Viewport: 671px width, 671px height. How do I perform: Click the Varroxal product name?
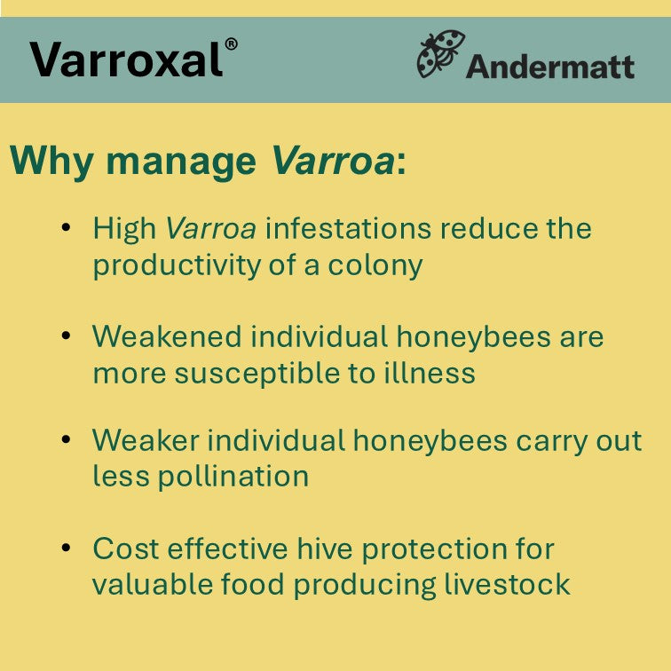[x=126, y=59]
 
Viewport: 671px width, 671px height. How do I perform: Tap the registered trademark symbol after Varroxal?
[x=231, y=44]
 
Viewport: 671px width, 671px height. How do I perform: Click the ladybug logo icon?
[x=440, y=55]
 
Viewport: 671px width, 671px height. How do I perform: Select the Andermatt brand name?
[x=550, y=67]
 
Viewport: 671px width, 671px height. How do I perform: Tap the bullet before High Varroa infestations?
[x=66, y=228]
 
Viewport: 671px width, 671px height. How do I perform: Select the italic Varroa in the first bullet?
[x=211, y=229]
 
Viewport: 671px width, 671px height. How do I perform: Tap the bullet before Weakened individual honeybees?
[x=66, y=336]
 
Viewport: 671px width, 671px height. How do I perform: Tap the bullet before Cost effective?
[x=66, y=548]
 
